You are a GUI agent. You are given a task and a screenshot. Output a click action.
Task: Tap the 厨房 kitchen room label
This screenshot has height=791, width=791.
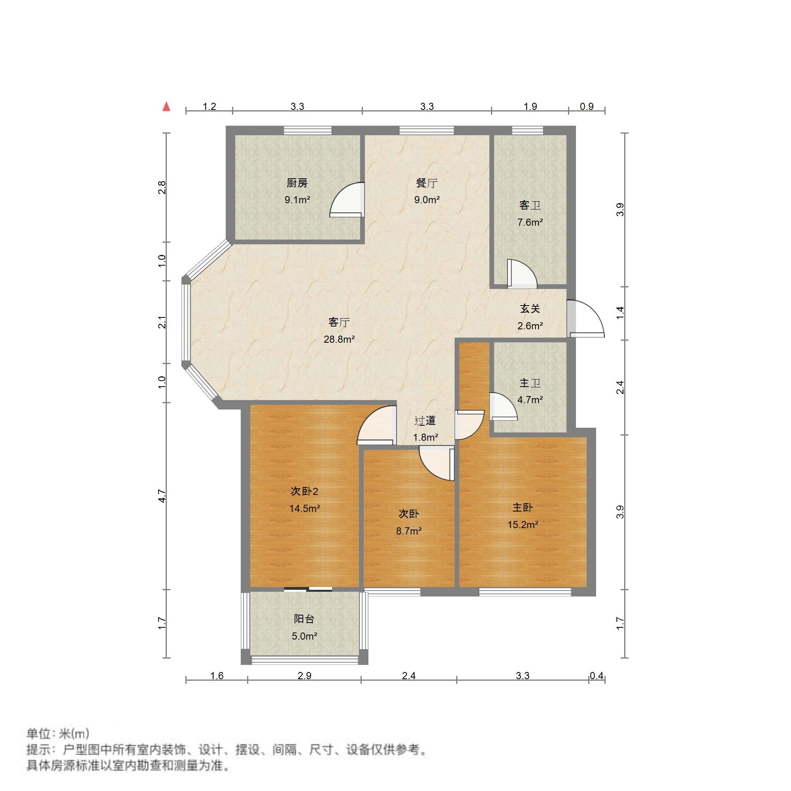[297, 183]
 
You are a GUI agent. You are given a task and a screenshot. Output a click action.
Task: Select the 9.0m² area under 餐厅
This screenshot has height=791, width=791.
[427, 200]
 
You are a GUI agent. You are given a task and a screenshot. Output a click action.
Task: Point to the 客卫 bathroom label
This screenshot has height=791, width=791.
[530, 205]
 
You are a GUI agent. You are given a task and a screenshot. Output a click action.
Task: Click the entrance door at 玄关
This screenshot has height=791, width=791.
[586, 319]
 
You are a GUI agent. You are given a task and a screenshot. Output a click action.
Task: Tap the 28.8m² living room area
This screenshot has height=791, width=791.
[339, 340]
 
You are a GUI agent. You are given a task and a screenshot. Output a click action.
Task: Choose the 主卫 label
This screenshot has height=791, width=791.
[530, 383]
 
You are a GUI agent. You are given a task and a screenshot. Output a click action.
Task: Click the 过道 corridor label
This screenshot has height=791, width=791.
[425, 421]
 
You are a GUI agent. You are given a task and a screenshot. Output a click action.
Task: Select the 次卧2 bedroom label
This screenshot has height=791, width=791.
[304, 491]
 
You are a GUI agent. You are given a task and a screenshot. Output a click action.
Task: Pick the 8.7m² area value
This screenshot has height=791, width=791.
[409, 531]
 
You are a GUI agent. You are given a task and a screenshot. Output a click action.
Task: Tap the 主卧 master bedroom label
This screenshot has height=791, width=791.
[523, 508]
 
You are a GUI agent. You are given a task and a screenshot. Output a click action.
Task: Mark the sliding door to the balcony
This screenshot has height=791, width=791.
[308, 589]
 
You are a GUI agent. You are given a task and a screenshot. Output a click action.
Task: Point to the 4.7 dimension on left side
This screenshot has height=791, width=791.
[162, 496]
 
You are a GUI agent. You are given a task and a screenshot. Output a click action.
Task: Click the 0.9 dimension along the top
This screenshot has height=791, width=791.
[587, 106]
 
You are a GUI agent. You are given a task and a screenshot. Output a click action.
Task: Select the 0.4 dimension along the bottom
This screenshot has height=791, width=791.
[597, 676]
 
